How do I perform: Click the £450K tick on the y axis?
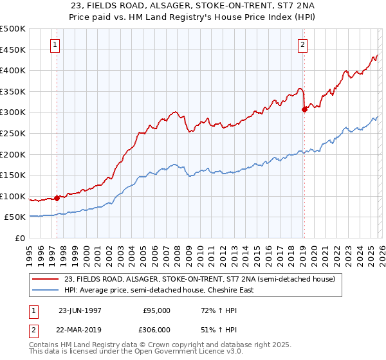(x=13, y=50)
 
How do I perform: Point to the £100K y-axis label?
(x=13, y=196)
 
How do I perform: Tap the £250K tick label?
(x=13, y=133)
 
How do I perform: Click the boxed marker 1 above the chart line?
(x=55, y=45)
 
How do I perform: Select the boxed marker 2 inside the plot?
(x=302, y=45)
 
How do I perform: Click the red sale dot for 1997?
(x=57, y=198)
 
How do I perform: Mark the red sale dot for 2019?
(x=304, y=109)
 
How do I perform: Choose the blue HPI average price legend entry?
(x=158, y=290)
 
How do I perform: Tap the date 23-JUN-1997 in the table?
(x=79, y=310)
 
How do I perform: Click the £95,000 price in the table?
(x=156, y=310)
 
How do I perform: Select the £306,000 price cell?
(x=156, y=329)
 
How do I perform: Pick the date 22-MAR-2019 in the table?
(x=79, y=329)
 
